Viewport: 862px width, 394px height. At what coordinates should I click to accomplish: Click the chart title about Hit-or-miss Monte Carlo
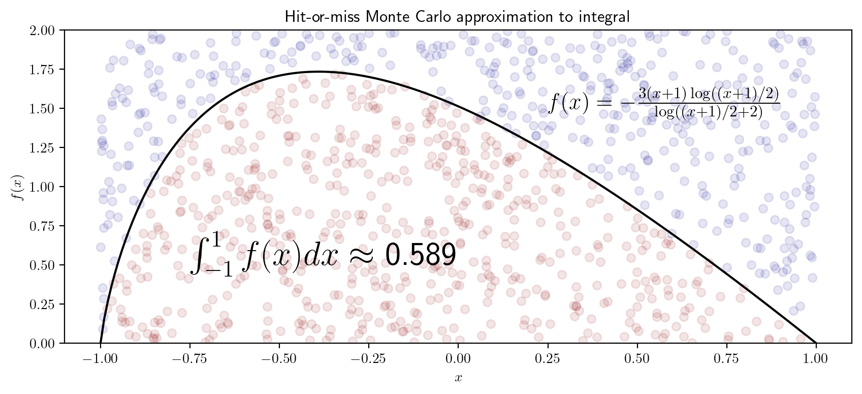coord(457,17)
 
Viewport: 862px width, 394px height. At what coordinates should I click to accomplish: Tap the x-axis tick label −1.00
coord(100,358)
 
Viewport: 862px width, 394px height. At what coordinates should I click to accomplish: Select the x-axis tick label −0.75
coord(189,358)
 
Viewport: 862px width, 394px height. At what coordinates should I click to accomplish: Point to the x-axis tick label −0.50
coord(279,358)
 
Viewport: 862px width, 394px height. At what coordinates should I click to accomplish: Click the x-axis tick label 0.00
coord(458,358)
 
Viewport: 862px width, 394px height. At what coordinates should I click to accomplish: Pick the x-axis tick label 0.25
coord(548,358)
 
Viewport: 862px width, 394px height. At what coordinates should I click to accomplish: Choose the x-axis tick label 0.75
coord(726,358)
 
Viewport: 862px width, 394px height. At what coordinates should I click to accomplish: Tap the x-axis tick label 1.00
coord(816,358)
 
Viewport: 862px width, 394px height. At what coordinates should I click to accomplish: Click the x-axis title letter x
coord(458,378)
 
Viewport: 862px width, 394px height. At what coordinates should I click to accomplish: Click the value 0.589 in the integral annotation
coord(420,255)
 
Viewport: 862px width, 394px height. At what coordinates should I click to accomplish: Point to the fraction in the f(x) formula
coord(709,103)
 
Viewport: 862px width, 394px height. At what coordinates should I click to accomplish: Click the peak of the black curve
coord(318,72)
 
